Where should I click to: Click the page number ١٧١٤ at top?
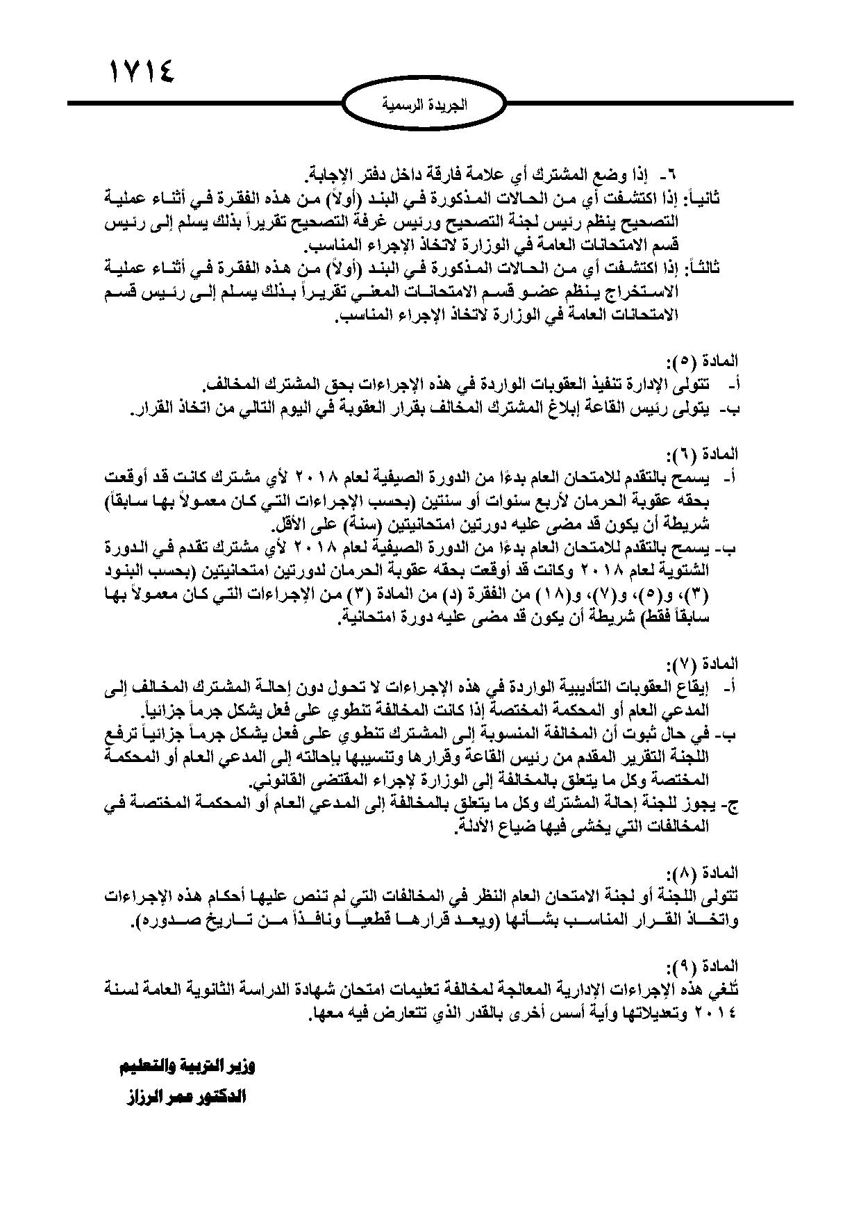pos(141,70)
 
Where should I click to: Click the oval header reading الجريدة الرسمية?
pos(430,105)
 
